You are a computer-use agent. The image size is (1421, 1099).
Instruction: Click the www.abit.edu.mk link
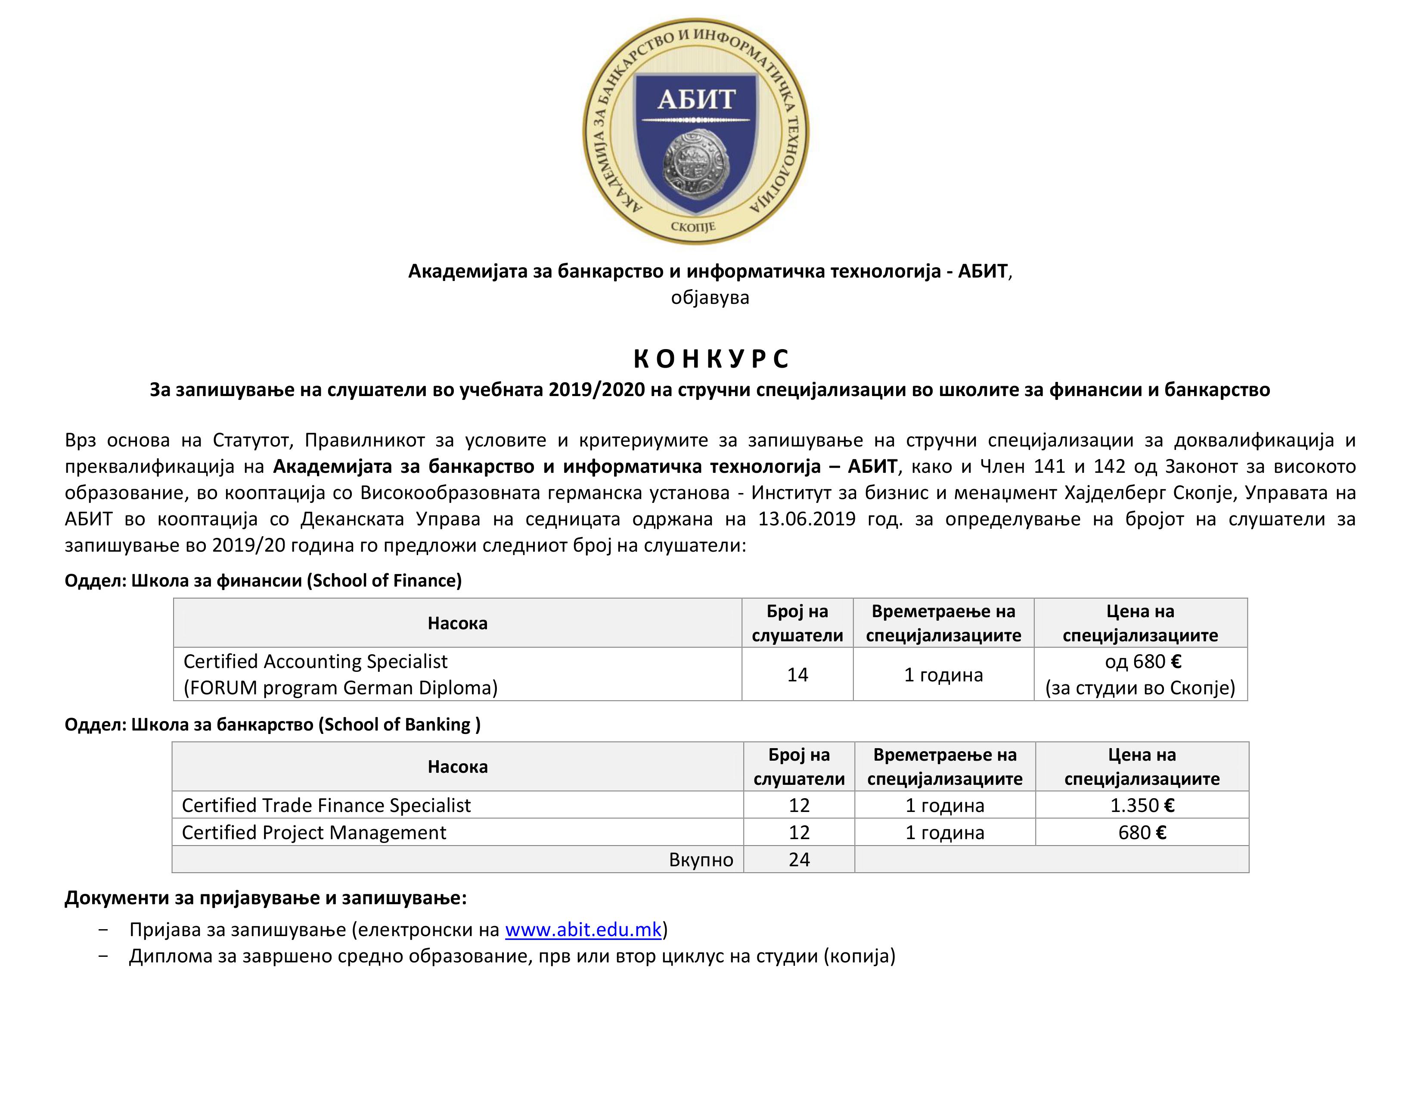[583, 929]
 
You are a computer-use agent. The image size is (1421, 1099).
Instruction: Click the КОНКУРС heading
[710, 359]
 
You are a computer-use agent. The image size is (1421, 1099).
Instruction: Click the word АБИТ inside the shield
[696, 100]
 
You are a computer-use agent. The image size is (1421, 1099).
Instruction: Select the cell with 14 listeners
[797, 674]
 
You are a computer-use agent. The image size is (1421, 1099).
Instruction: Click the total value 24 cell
[799, 859]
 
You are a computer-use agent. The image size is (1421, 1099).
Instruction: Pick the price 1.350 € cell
[1142, 806]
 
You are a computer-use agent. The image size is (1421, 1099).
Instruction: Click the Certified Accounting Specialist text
[316, 662]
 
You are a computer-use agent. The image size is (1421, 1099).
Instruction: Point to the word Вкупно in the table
[701, 860]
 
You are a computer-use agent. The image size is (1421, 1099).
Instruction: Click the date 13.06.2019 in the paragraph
[806, 519]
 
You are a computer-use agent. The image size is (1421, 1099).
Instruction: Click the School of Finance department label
[263, 581]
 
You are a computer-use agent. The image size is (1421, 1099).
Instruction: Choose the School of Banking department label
[272, 724]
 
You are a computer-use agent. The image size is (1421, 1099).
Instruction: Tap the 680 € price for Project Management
[1142, 833]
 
